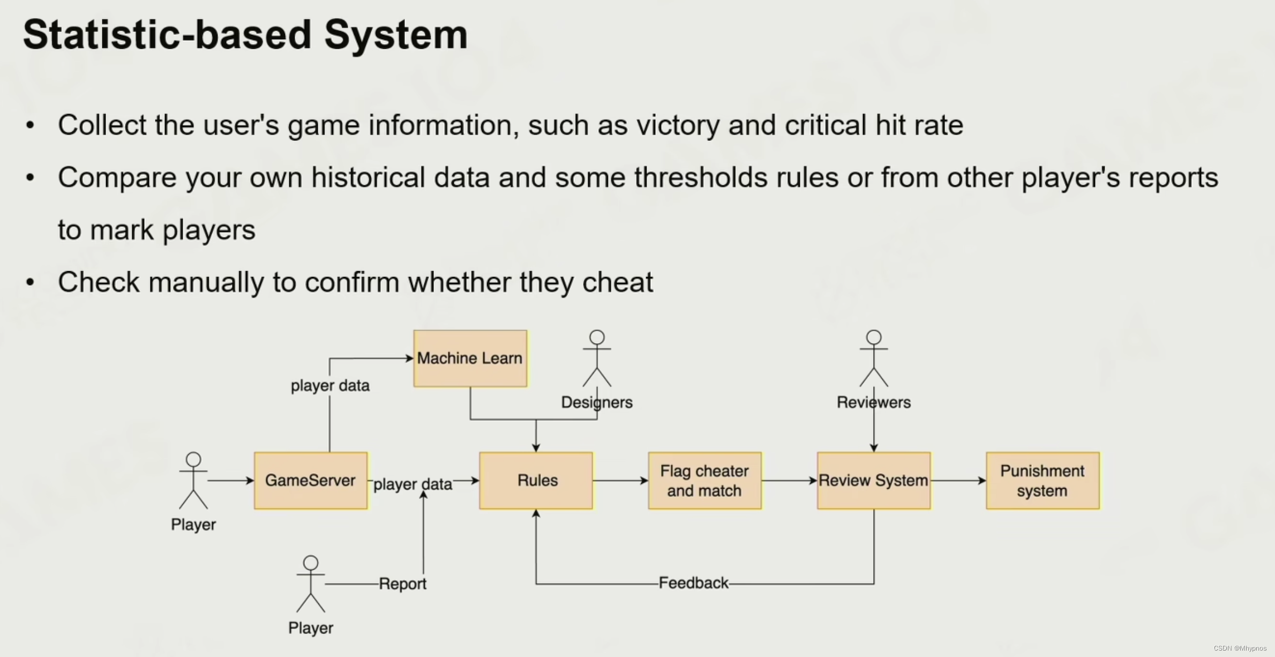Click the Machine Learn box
tap(470, 358)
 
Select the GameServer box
tap(311, 480)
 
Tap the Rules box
tap(536, 480)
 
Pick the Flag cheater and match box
tap(704, 480)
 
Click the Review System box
tap(873, 480)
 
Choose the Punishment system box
tap(1042, 480)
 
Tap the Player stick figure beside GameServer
tap(193, 480)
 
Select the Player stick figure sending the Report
tap(311, 584)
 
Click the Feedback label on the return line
tap(693, 583)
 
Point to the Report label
tap(402, 584)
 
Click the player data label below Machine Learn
tap(330, 385)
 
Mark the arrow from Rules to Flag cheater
tap(620, 480)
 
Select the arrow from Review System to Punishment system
tap(958, 480)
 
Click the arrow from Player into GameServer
tap(230, 481)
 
